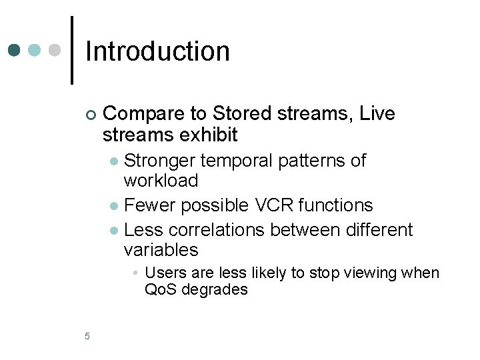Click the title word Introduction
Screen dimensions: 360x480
[x=157, y=51]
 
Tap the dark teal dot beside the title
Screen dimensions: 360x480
[x=15, y=51]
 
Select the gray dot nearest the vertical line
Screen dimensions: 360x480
[x=55, y=51]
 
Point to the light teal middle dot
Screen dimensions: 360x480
[x=35, y=51]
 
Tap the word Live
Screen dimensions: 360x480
[x=377, y=114]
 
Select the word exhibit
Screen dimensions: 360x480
[x=208, y=135]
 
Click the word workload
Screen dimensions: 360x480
[x=161, y=181]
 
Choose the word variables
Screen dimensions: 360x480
[x=161, y=250]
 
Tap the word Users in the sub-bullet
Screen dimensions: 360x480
[x=163, y=273]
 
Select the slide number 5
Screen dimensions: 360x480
[x=87, y=335]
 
